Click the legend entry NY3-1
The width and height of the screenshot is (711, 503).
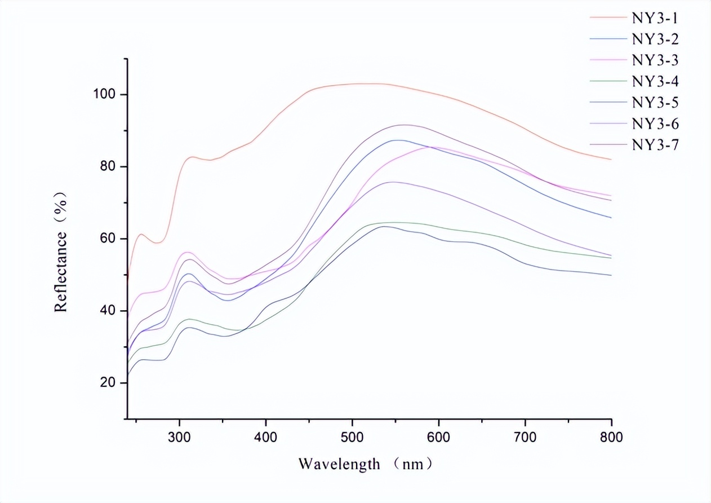pos(655,17)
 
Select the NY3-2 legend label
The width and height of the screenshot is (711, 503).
pos(655,39)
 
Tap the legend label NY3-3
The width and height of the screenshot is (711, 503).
pos(655,60)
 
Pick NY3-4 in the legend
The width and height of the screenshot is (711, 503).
pos(655,81)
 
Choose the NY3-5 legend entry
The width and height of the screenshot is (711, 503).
pos(655,102)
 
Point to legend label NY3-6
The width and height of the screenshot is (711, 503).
pos(655,123)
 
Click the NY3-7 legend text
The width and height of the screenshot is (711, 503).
pos(655,145)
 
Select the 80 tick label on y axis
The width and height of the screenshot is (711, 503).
pos(107,166)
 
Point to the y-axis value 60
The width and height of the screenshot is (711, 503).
pos(107,239)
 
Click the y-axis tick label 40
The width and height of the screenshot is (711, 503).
pos(107,311)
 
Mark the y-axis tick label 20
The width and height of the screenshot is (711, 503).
pos(107,383)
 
